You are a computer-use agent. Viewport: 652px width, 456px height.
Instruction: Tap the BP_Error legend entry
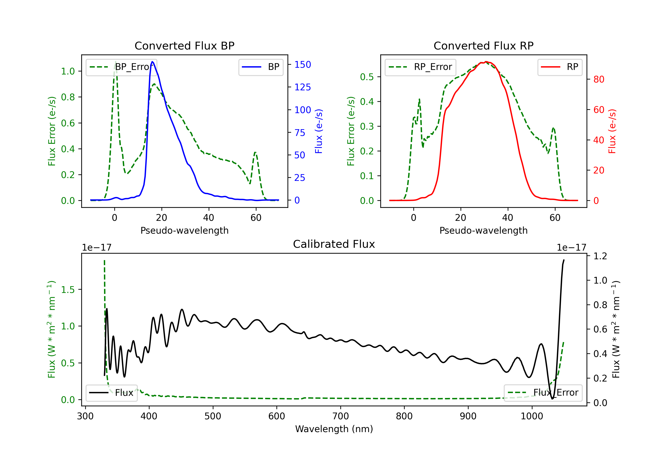pyautogui.click(x=121, y=67)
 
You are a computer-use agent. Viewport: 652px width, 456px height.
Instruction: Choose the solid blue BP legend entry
pyautogui.click(x=261, y=67)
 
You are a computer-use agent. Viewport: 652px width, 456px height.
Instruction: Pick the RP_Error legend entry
pyautogui.click(x=420, y=67)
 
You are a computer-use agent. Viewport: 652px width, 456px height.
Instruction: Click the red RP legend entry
pyautogui.click(x=560, y=67)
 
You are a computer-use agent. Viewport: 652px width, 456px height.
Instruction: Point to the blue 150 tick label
pyautogui.click(x=303, y=65)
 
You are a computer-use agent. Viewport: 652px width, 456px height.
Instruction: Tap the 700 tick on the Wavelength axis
pyautogui.click(x=340, y=416)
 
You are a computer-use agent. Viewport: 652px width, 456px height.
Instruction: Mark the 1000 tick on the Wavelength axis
pyautogui.click(x=532, y=416)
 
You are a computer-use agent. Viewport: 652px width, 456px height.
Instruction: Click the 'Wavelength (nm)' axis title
pyautogui.click(x=334, y=429)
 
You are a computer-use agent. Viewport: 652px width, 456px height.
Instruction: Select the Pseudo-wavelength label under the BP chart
pyautogui.click(x=184, y=230)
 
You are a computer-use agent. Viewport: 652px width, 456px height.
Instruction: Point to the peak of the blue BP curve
pyautogui.click(x=153, y=62)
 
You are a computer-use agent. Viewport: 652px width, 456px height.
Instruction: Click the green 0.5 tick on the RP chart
pyautogui.click(x=367, y=77)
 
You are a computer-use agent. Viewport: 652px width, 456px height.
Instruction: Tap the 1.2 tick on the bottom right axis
pyautogui.click(x=600, y=256)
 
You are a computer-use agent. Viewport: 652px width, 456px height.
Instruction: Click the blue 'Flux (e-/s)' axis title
pyautogui.click(x=319, y=131)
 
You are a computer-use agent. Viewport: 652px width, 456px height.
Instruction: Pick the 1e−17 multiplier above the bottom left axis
pyautogui.click(x=96, y=248)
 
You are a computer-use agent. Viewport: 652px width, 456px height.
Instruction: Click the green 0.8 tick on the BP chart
pyautogui.click(x=68, y=97)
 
